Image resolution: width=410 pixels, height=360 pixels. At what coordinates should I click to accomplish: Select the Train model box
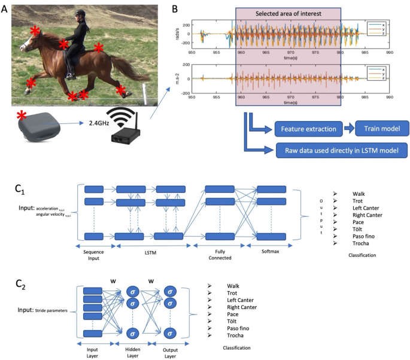[381, 128]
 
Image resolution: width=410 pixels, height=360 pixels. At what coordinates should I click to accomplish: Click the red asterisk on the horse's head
[36, 31]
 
